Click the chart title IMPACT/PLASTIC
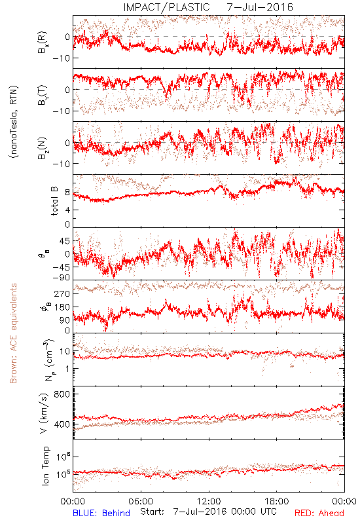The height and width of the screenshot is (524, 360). (x=166, y=7)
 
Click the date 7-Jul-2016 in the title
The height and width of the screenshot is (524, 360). (x=260, y=7)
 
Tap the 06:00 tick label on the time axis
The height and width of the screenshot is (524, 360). (x=141, y=501)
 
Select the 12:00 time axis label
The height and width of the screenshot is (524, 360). (x=209, y=501)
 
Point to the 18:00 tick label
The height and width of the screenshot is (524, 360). (x=277, y=501)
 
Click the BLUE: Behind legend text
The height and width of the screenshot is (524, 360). (x=101, y=513)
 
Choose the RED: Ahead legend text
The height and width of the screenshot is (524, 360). (x=319, y=513)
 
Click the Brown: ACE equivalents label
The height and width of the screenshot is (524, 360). (x=13, y=333)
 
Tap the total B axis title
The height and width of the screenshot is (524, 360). (x=54, y=201)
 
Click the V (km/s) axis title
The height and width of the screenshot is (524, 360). (x=44, y=413)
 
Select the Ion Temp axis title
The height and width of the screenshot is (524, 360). (x=45, y=466)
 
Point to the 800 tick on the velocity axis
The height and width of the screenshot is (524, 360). (x=62, y=394)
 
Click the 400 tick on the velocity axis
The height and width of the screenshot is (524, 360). (x=62, y=424)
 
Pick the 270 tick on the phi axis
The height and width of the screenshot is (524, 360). (x=62, y=293)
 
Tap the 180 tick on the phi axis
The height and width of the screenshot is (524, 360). (x=62, y=307)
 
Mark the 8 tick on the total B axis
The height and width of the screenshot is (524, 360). (x=67, y=192)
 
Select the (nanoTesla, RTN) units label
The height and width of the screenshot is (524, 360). (x=13, y=122)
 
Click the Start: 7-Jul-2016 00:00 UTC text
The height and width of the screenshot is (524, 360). (x=208, y=512)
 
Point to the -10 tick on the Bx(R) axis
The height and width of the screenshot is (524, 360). (x=60, y=58)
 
